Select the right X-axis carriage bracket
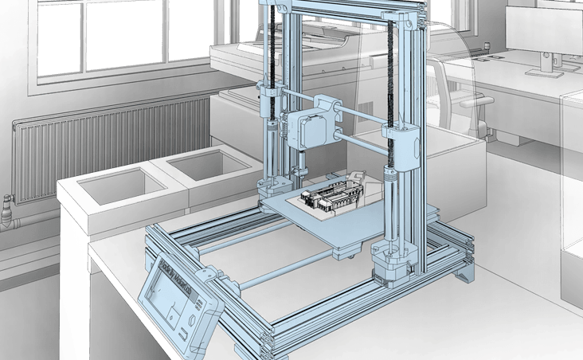click(403, 144)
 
